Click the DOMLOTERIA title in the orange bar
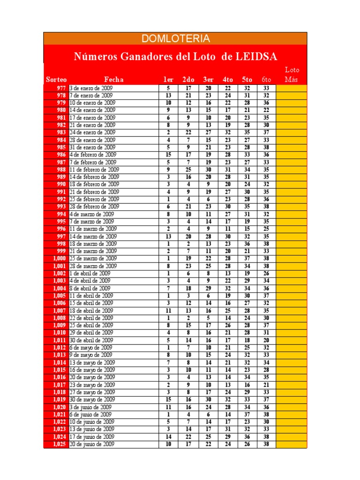175,38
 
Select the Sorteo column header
56,80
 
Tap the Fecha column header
114,80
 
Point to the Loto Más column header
292,75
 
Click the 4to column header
228,80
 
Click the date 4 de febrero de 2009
93,155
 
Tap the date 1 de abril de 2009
90,273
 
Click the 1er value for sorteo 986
168,155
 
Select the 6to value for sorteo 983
266,132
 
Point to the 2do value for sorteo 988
188,169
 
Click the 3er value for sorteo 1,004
208,288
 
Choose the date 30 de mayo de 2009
92,399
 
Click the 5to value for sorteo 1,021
247,414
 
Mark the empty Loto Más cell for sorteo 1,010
291,333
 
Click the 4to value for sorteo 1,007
228,310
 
